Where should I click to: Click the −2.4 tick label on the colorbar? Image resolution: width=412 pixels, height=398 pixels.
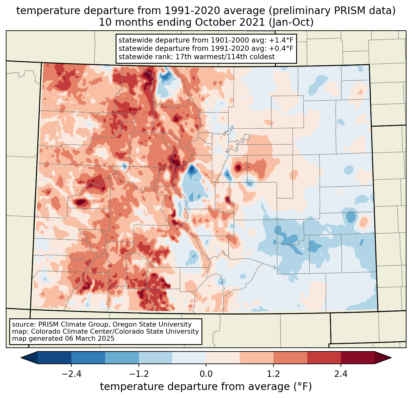pyautogui.click(x=71, y=374)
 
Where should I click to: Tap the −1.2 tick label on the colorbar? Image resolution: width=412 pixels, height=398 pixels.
pyautogui.click(x=139, y=374)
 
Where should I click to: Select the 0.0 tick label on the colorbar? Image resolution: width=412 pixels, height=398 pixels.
pyautogui.click(x=206, y=374)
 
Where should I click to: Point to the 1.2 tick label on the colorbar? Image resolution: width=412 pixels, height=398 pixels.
pyautogui.click(x=273, y=374)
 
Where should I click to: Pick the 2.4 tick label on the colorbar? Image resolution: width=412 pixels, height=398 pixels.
pyautogui.click(x=341, y=374)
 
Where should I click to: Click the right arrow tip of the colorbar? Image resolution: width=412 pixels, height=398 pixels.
pyautogui.click(x=390, y=358)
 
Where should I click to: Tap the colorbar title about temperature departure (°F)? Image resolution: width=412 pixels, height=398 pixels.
pyautogui.click(x=206, y=387)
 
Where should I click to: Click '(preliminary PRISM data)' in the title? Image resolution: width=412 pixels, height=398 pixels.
pyautogui.click(x=331, y=11)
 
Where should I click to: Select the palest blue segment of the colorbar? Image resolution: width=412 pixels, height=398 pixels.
pyautogui.click(x=189, y=358)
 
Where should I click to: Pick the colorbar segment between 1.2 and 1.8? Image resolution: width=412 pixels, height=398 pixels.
pyautogui.click(x=290, y=358)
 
